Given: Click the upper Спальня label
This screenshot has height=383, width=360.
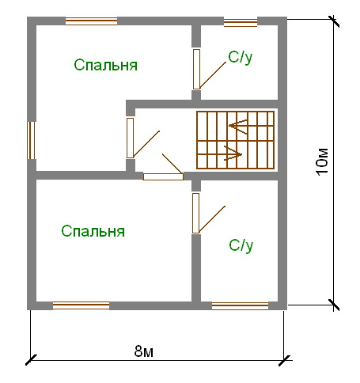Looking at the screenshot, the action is pyautogui.click(x=105, y=65).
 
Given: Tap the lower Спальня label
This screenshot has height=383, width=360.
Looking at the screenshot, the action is pyautogui.click(x=93, y=231).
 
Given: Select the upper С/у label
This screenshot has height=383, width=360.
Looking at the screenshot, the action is pyautogui.click(x=241, y=58).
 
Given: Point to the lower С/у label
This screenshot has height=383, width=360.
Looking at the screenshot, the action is pyautogui.click(x=241, y=245).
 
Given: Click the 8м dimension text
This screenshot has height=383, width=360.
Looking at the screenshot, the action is pyautogui.click(x=144, y=351).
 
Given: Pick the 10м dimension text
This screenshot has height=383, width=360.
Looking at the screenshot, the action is pyautogui.click(x=322, y=161).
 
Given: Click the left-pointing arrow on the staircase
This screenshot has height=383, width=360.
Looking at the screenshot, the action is pyautogui.click(x=238, y=126).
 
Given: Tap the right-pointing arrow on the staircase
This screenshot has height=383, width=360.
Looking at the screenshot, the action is pyautogui.click(x=233, y=154).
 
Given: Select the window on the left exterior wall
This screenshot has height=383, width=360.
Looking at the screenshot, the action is pyautogui.click(x=31, y=140).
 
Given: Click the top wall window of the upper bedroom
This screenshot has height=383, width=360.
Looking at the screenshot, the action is pyautogui.click(x=91, y=21).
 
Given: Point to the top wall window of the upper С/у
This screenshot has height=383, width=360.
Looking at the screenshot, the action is pyautogui.click(x=241, y=23).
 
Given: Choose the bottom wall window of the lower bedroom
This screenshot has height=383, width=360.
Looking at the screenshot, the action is pyautogui.click(x=81, y=305).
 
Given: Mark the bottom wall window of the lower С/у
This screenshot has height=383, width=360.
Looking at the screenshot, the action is pyautogui.click(x=241, y=306).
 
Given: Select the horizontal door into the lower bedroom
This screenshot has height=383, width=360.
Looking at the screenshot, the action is pyautogui.click(x=163, y=176).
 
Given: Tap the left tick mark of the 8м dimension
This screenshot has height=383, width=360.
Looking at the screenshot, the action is pyautogui.click(x=31, y=360).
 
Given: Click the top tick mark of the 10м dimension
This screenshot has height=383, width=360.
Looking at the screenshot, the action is pyautogui.click(x=333, y=21).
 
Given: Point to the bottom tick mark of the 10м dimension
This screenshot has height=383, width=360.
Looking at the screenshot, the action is pyautogui.click(x=333, y=305).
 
